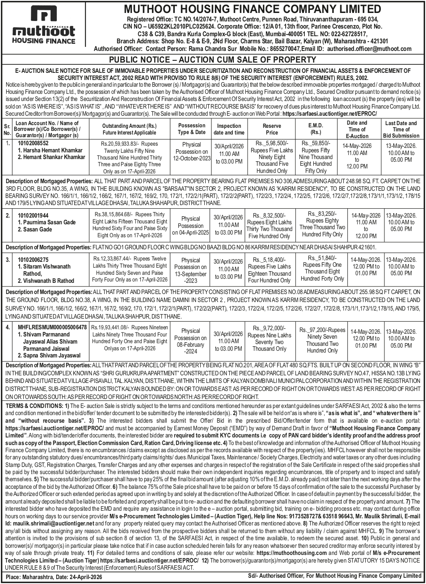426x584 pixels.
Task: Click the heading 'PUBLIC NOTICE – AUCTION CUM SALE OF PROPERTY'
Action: [213, 59]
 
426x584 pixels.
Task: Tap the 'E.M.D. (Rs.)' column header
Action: [316, 129]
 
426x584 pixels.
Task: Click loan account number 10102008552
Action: [33, 143]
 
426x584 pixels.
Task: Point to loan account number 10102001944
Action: [33, 215]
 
